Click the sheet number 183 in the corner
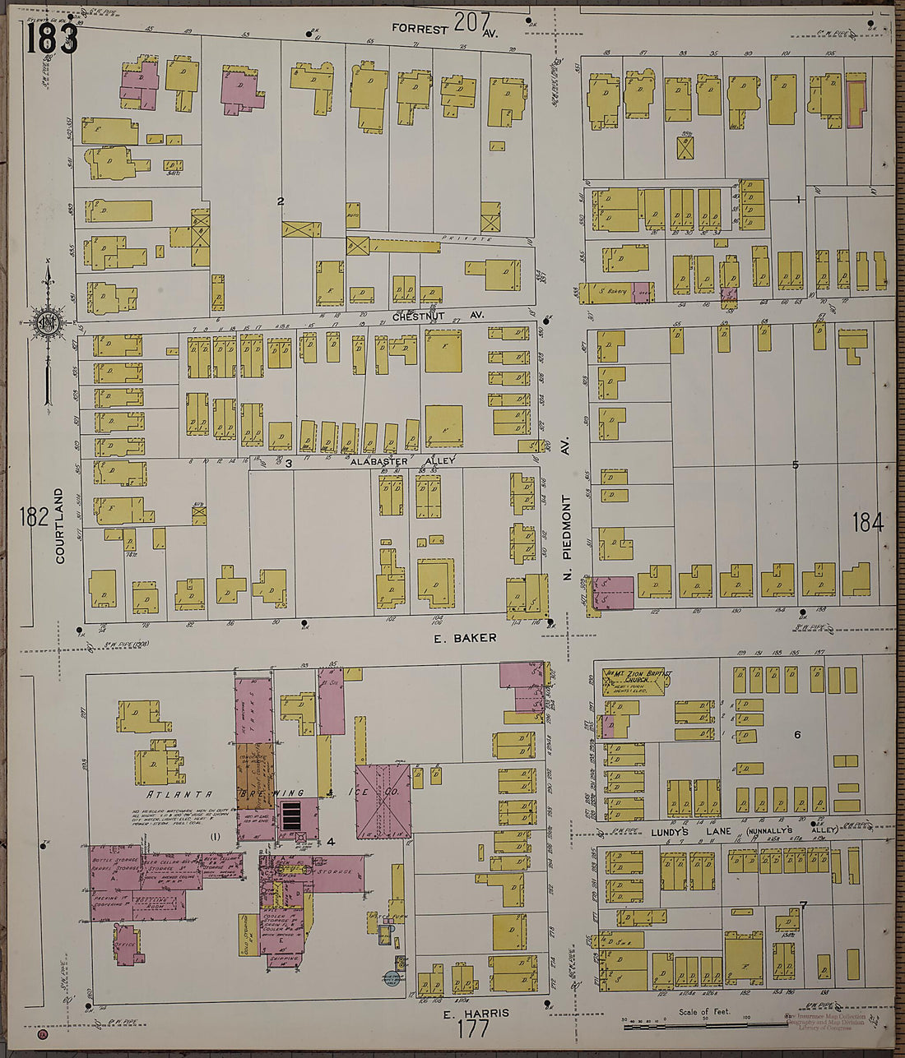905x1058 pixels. [51, 37]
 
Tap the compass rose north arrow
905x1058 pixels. [48, 321]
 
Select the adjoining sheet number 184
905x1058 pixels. [867, 521]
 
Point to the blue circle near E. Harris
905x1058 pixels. [391, 978]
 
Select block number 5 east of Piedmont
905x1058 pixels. [795, 465]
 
